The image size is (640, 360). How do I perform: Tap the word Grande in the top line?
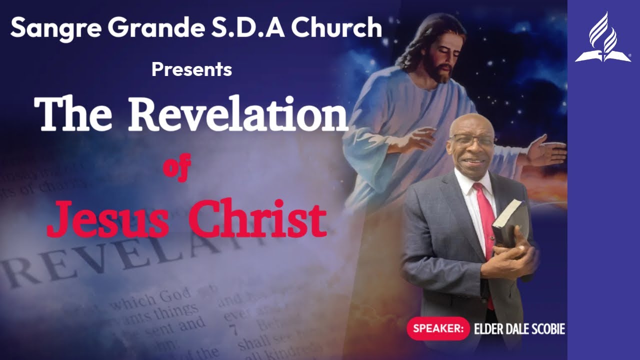(127, 28)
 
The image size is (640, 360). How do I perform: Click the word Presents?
(191, 69)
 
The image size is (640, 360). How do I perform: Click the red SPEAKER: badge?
(438, 328)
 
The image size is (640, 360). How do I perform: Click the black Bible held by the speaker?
(510, 220)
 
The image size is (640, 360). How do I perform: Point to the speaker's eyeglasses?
(471, 140)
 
